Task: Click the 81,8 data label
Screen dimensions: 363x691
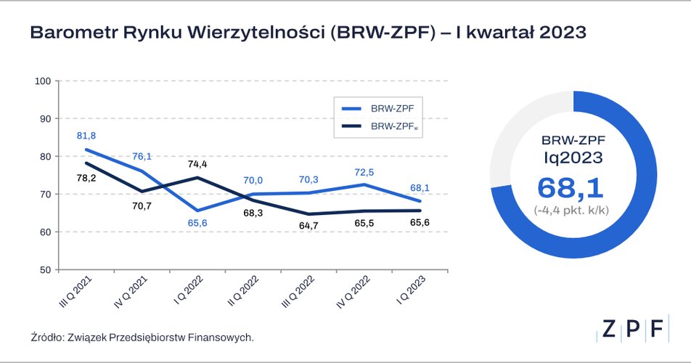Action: click(86, 136)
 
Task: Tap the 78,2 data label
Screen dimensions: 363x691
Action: click(86, 177)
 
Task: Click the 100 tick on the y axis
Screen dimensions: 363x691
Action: click(41, 81)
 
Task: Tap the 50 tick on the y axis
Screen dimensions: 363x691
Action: click(44, 270)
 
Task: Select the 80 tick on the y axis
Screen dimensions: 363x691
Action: click(44, 156)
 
